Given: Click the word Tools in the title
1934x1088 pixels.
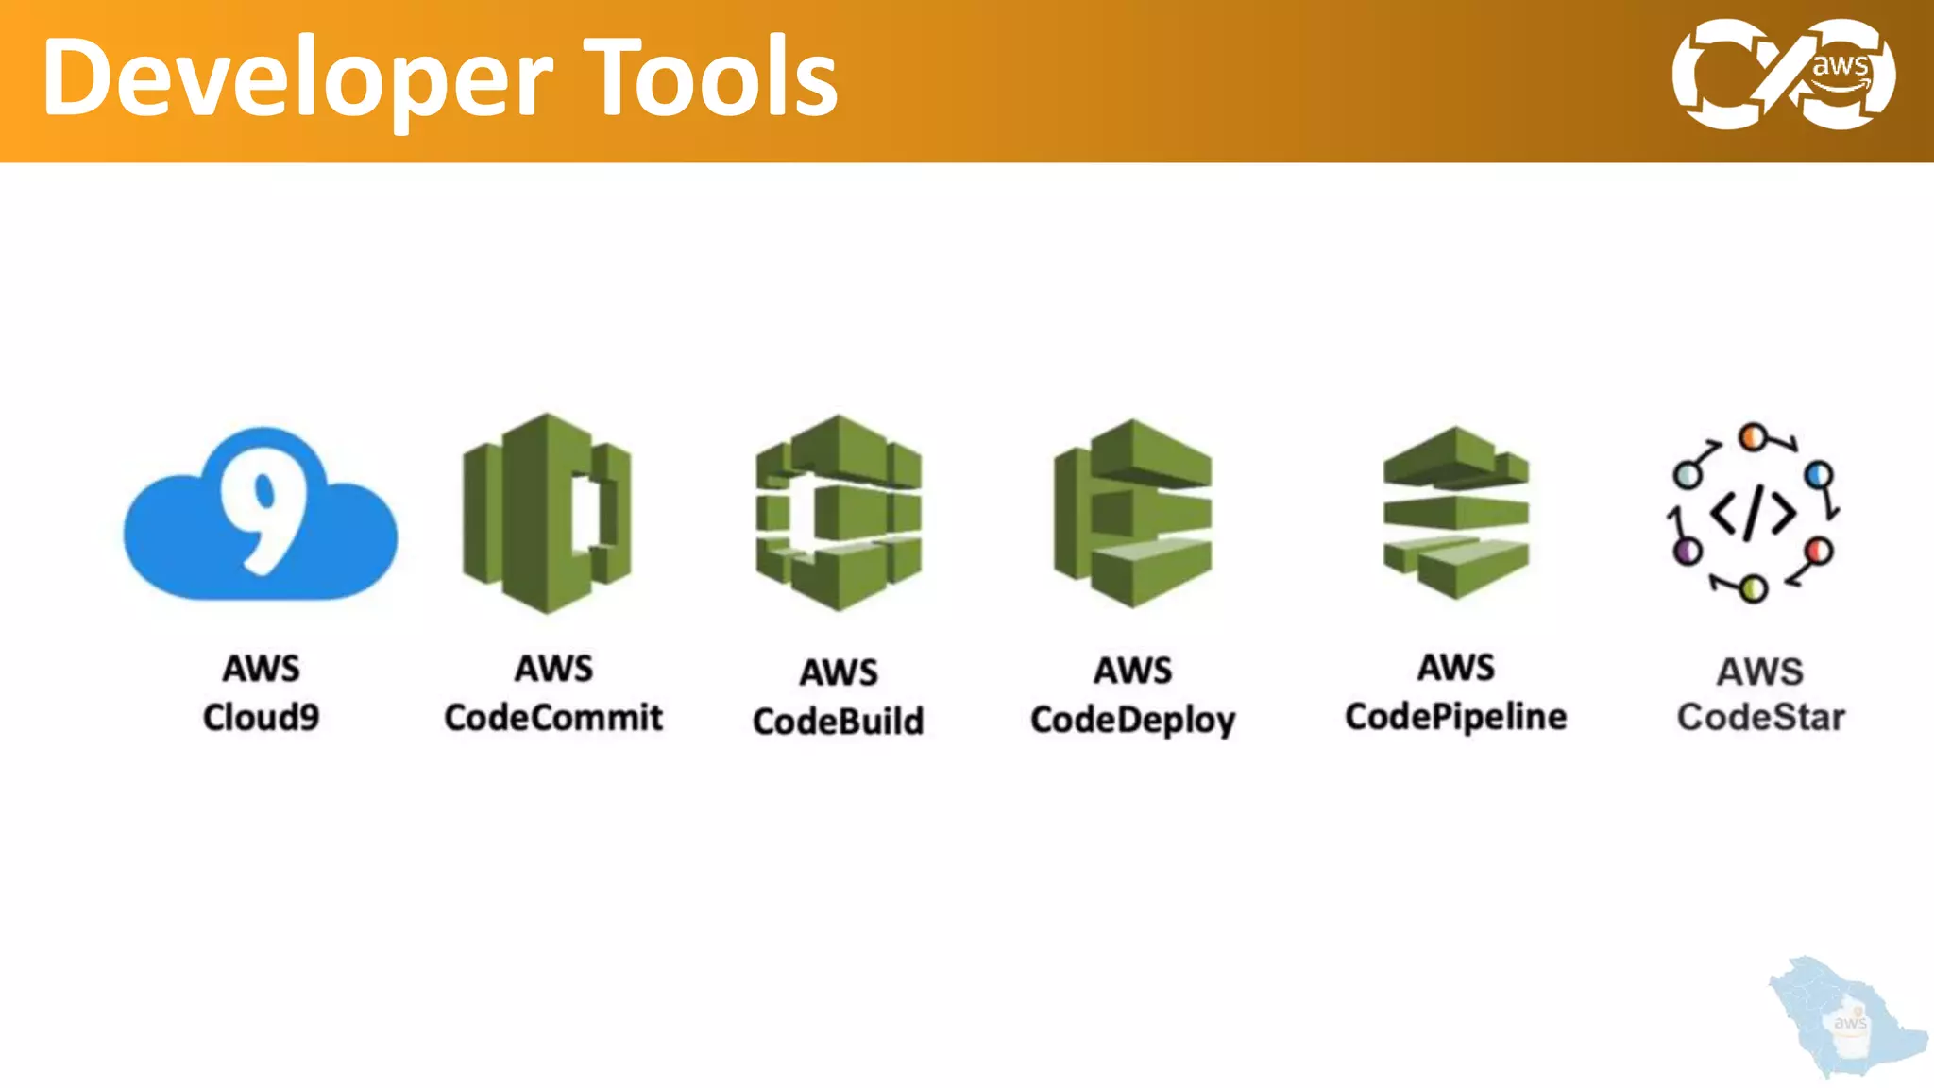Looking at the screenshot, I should pos(710,77).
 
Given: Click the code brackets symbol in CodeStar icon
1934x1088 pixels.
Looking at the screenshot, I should pos(1753,514).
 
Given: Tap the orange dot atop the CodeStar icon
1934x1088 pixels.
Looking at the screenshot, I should pos(1752,437).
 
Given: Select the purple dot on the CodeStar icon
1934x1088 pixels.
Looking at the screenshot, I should pos(1686,551).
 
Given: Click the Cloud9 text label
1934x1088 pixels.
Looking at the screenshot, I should pos(261,717).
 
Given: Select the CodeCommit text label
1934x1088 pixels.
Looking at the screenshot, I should pos(553,717).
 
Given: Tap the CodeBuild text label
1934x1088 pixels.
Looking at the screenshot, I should pos(839,721).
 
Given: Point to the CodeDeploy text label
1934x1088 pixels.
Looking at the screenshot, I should pos(1132,720).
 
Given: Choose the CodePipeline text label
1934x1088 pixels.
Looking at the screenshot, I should pos(1455,716).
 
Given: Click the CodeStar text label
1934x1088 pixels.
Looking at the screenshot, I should pos(1760,717).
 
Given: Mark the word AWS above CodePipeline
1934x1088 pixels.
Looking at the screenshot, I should pos(1455,667).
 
